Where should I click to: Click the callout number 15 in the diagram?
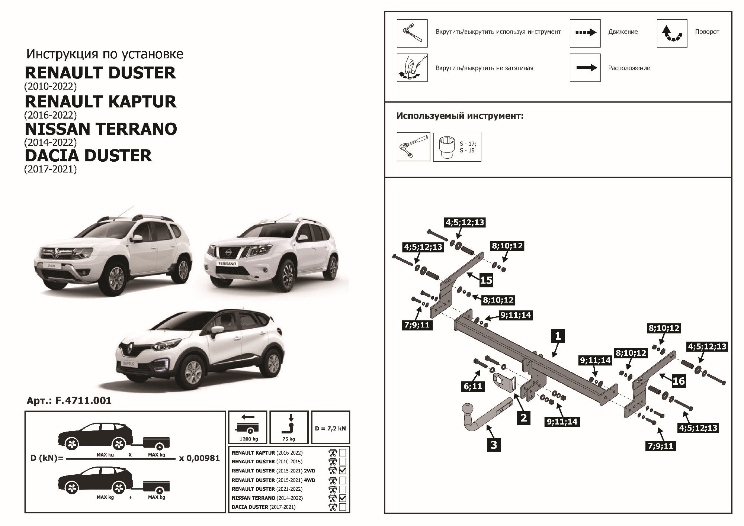(x=486, y=280)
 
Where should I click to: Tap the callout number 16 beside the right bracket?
(x=679, y=381)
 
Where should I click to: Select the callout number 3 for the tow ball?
(x=494, y=445)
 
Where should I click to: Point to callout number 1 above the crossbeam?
(x=558, y=336)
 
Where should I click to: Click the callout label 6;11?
(x=473, y=386)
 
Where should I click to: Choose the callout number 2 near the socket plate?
(x=523, y=417)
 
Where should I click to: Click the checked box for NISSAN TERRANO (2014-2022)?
(x=343, y=498)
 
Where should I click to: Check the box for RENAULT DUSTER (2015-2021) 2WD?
(x=343, y=471)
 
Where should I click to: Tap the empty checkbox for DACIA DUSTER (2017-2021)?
(x=343, y=507)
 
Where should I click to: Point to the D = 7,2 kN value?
(x=330, y=428)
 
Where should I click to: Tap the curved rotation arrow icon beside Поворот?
(x=672, y=33)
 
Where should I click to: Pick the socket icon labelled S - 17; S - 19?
(x=457, y=147)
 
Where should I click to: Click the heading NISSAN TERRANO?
(x=101, y=129)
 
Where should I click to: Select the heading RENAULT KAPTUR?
(x=100, y=101)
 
